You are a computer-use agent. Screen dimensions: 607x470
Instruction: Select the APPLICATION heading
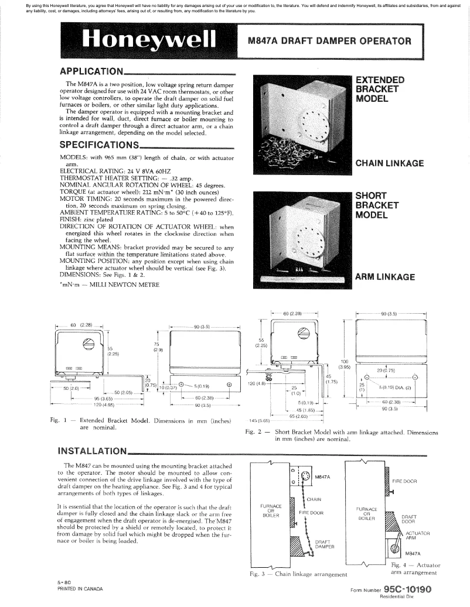tap(91, 71)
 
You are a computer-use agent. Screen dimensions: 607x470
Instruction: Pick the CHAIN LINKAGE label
tap(390, 163)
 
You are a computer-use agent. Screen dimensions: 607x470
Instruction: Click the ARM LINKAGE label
tap(385, 277)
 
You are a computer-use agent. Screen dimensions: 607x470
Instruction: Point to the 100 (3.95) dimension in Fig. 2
tap(345, 365)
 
